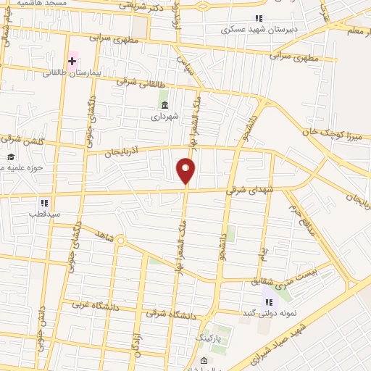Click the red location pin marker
coord(186,171)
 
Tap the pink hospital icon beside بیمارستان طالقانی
coord(72,62)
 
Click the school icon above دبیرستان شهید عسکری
coord(257,18)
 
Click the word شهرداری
coord(164,115)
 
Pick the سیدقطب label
coord(43,214)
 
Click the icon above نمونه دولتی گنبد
coord(268,301)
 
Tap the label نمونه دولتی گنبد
coord(272,313)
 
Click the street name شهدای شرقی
coord(240,190)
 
